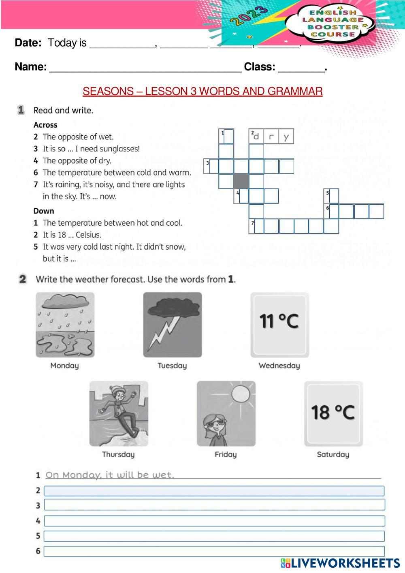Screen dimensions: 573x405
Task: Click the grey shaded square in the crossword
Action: click(x=241, y=181)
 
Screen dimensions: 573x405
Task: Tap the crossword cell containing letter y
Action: click(x=286, y=137)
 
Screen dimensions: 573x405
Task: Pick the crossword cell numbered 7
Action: click(x=256, y=226)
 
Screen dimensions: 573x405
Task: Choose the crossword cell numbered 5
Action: click(x=332, y=196)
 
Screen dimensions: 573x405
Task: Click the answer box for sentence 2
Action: click(x=214, y=491)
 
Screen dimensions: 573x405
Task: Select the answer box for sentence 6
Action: click(x=214, y=551)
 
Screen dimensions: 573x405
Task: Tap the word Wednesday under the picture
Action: click(x=279, y=366)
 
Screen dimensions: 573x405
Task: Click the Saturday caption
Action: click(x=333, y=454)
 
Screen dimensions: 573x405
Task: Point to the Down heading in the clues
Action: click(x=44, y=211)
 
